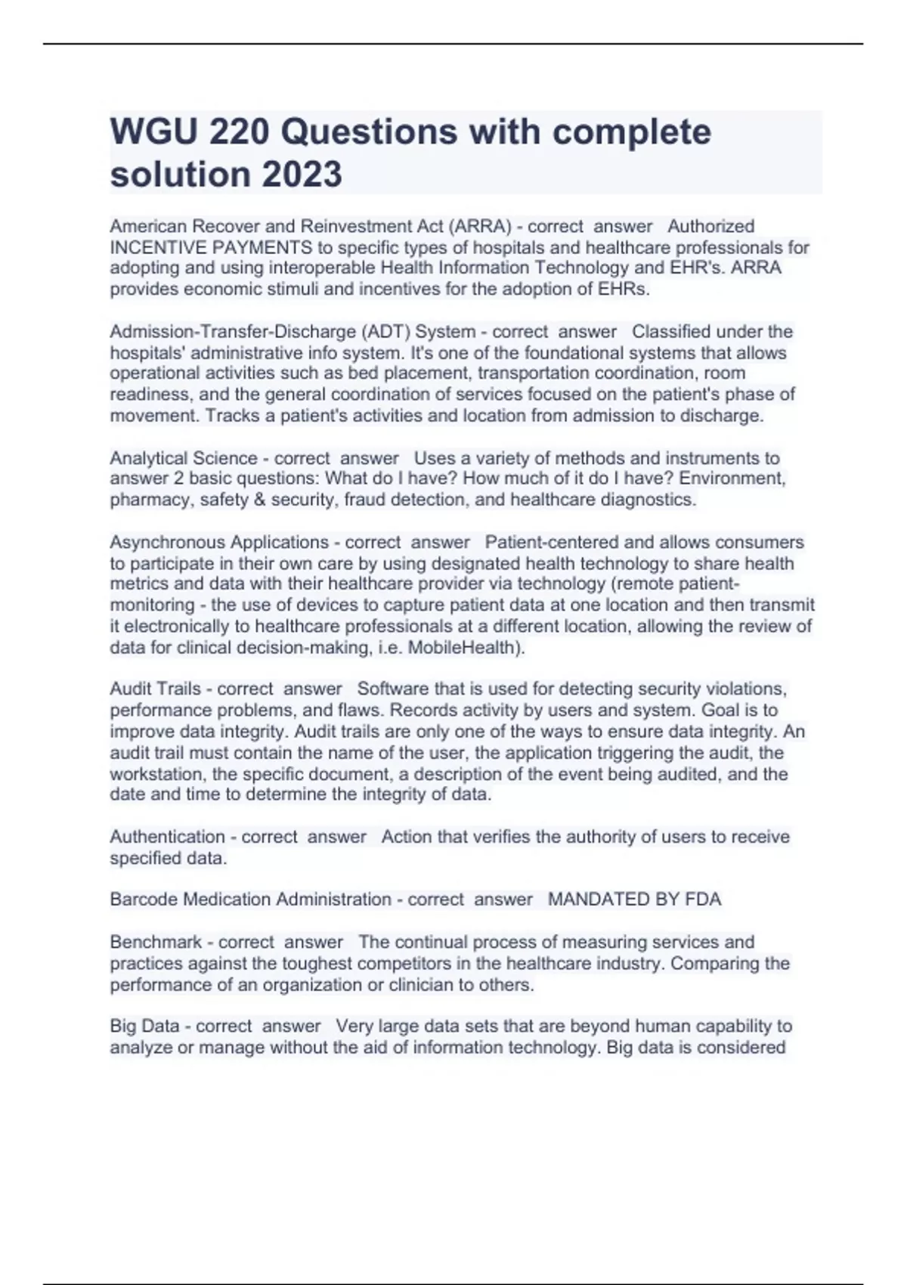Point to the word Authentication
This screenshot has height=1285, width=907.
point(167,837)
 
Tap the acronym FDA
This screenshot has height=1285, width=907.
point(703,899)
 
